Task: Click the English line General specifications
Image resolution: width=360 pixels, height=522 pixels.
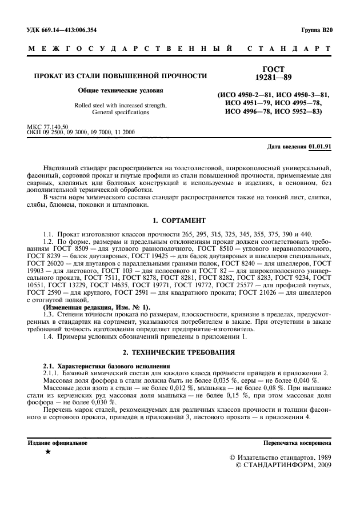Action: tap(120, 113)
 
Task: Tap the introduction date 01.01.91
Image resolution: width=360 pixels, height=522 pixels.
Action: tap(319, 147)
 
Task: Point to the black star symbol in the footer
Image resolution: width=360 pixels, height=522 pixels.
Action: tap(47, 452)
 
